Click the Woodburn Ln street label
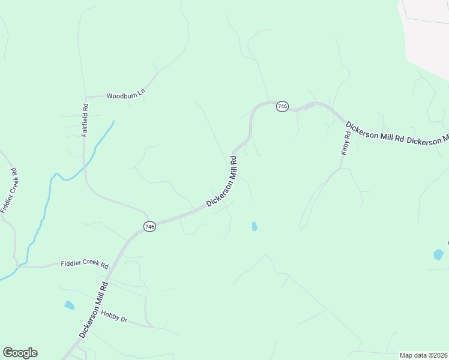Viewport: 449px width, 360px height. point(126,95)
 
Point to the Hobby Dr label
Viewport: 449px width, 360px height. point(114,316)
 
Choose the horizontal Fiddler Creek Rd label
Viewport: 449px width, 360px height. point(85,265)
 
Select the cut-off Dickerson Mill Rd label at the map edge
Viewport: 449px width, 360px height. point(427,139)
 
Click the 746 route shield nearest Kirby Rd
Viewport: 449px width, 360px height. point(282,106)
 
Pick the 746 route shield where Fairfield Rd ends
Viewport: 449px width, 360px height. point(149,226)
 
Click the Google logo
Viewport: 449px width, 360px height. point(20,353)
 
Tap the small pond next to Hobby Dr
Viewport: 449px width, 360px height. point(70,305)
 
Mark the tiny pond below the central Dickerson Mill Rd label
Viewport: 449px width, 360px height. point(254,226)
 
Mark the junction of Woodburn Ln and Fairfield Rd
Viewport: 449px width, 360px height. point(86,97)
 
